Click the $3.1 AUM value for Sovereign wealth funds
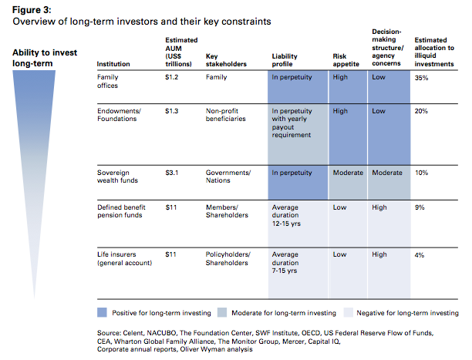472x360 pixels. pos(171,173)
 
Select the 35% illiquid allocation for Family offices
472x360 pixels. pos(421,78)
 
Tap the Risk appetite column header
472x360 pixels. pos(346,60)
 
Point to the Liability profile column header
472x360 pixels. pos(285,60)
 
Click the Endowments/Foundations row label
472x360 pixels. pos(119,115)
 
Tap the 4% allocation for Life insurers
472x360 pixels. pos(420,255)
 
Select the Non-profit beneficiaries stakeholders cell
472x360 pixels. pos(226,115)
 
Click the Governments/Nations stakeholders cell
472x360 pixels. pos(228,177)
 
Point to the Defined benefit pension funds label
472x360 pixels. pos(121,211)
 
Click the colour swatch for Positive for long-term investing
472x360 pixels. pos(102,312)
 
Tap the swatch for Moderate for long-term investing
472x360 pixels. pos(222,312)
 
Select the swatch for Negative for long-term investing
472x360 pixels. pos(349,312)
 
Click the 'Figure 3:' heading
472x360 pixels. pos(32,10)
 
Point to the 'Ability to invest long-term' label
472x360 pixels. pos(45,58)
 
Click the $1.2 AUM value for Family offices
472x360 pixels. pos(171,77)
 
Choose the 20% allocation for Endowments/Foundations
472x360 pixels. pos(421,111)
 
